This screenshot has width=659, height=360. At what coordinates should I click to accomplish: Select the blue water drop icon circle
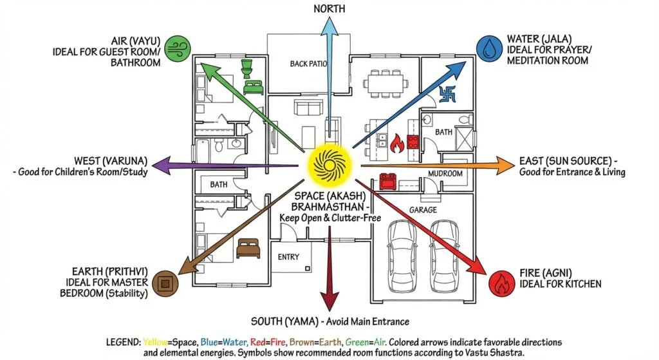tap(487, 48)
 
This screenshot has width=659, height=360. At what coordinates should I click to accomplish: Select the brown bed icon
tap(247, 247)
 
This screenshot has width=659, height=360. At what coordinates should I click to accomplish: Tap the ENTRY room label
tap(288, 257)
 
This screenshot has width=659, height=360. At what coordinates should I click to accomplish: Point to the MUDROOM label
tap(445, 174)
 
